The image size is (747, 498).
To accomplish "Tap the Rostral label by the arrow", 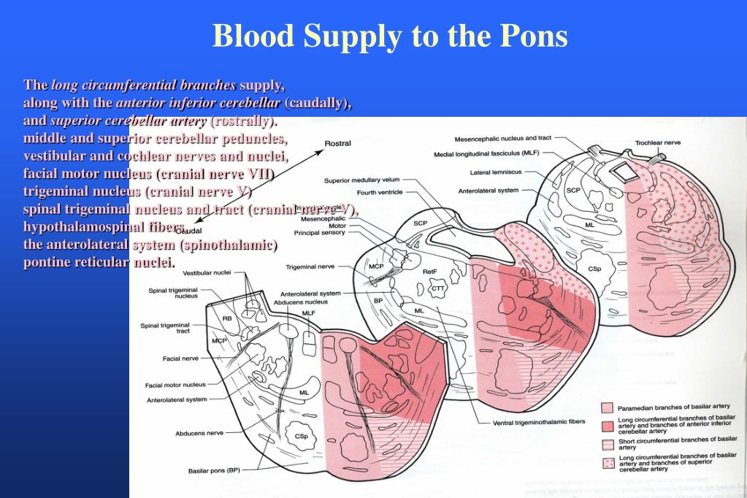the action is tap(337, 143).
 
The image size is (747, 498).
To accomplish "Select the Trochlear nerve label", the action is tap(657, 142).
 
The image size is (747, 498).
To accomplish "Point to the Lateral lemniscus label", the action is tap(496, 173).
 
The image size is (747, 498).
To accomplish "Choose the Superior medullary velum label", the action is tap(362, 180).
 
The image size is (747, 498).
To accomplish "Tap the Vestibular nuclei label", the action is tap(207, 273).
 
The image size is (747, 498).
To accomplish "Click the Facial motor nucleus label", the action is tap(175, 385).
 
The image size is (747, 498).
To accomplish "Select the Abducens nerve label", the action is tap(199, 433).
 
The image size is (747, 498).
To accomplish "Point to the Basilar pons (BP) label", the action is tap(214, 470).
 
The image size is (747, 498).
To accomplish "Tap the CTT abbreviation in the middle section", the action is tap(438, 288).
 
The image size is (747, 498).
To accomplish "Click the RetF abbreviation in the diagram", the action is tap(430, 271).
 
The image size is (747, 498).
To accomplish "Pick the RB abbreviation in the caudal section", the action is tap(227, 318).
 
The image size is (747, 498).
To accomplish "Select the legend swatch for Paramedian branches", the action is tap(606, 407).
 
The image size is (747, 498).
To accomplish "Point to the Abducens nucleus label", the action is tap(300, 302).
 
